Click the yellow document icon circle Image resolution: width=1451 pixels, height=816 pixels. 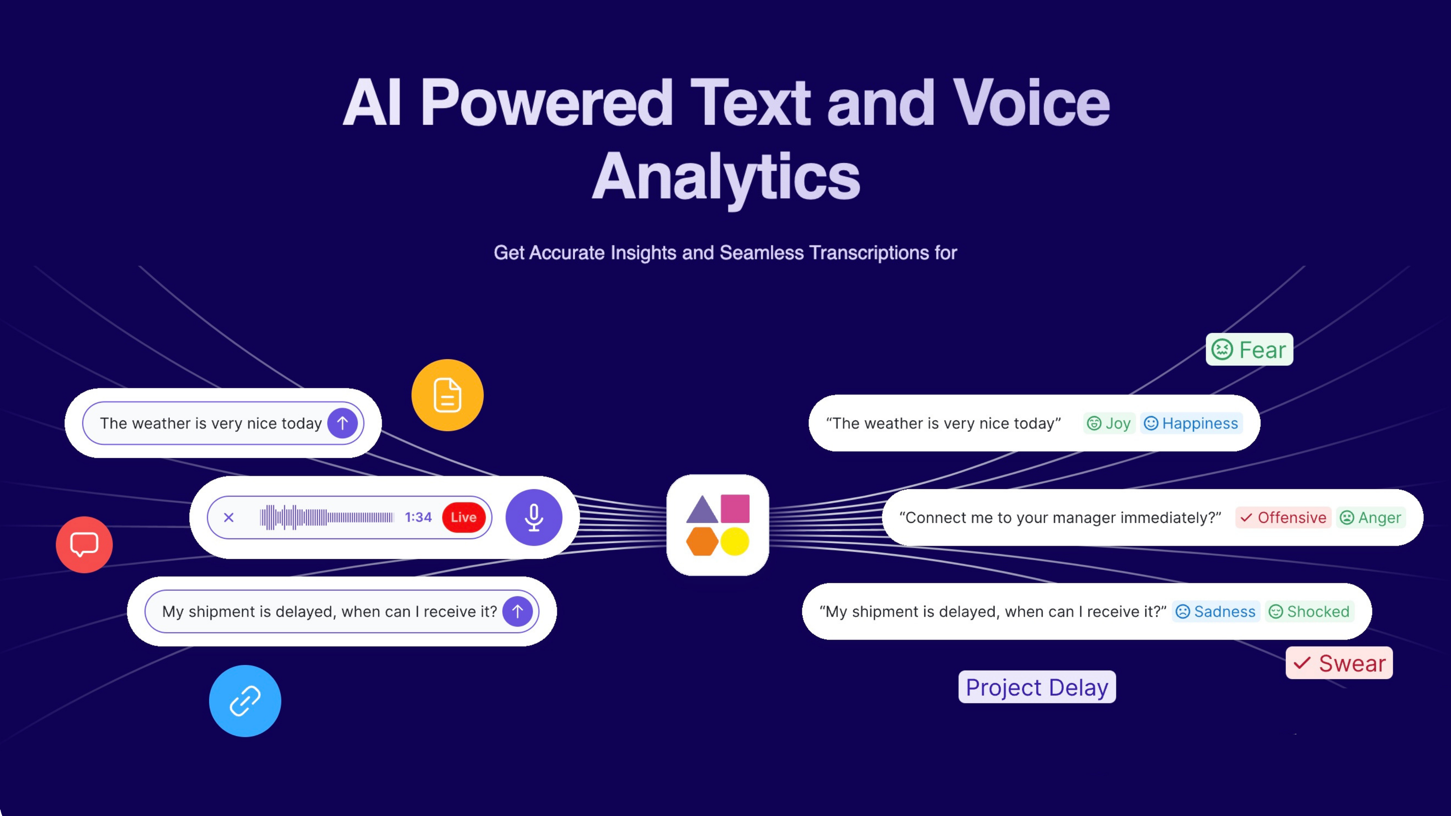(447, 395)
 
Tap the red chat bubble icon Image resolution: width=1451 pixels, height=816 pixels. (84, 544)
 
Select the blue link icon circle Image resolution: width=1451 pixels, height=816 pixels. (245, 700)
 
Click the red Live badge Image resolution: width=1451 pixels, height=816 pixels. (464, 517)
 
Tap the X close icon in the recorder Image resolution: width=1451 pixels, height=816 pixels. (229, 517)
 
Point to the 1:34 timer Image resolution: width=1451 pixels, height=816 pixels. (418, 517)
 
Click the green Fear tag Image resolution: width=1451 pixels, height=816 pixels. (1249, 349)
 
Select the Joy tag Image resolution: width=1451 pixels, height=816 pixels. (1109, 423)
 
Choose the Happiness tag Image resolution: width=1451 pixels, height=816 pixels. (1191, 423)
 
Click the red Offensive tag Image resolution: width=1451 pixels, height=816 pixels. (1283, 517)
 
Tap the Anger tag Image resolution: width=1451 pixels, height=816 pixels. (1371, 517)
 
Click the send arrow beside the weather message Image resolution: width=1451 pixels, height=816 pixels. (342, 423)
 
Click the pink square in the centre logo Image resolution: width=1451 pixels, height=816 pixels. (735, 508)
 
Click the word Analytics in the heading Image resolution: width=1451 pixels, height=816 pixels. (726, 176)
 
